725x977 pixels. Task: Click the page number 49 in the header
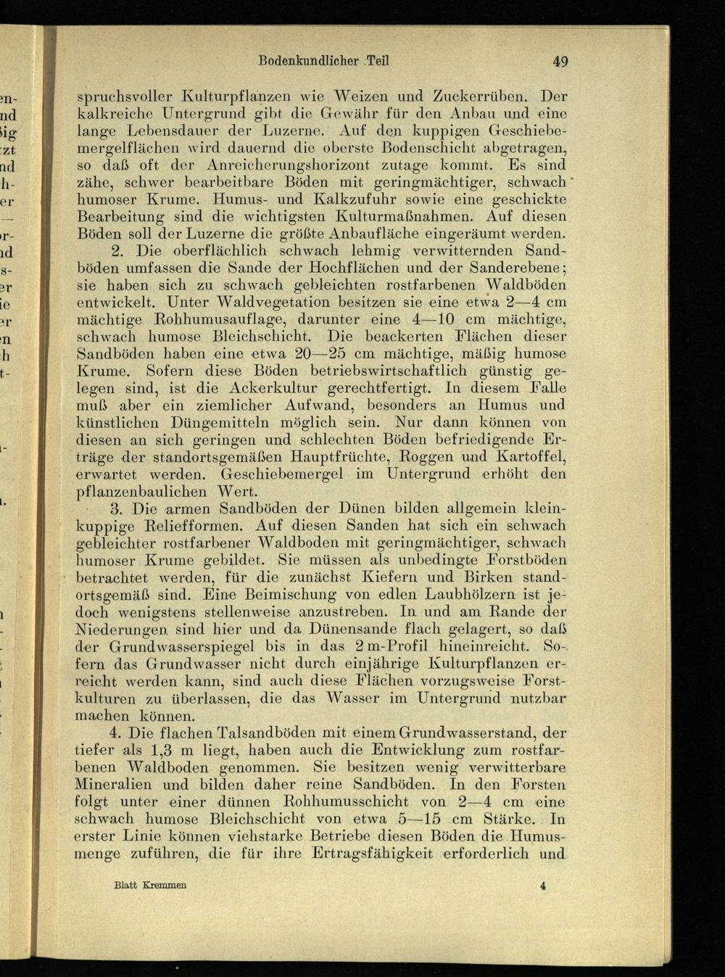pos(559,62)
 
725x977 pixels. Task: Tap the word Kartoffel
pos(531,457)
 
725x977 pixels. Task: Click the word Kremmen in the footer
pos(164,886)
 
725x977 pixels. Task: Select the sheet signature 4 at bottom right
pos(543,886)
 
